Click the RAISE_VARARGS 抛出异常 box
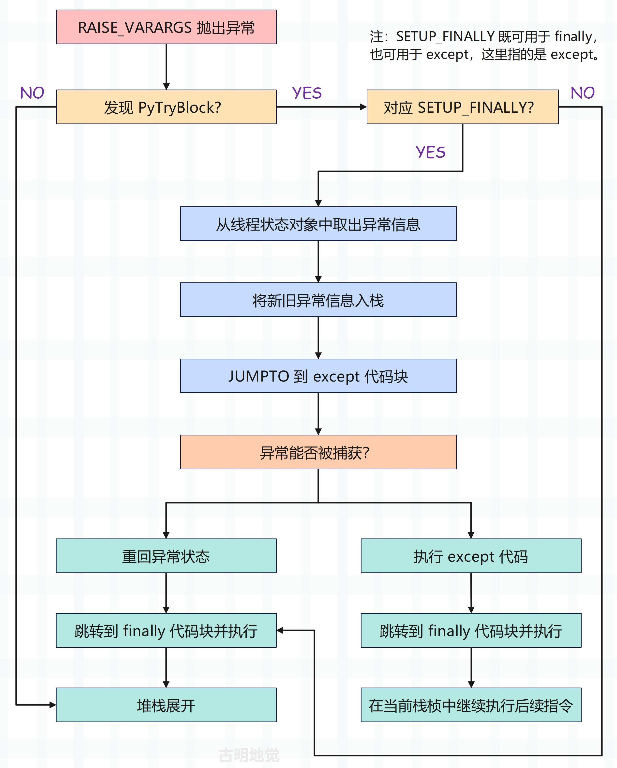pos(166,27)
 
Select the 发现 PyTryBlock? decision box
pos(166,107)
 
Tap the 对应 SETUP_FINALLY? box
pos(463,107)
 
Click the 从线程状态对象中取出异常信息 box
pos(318,224)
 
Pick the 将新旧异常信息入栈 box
pos(318,300)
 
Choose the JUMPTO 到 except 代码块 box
pos(318,376)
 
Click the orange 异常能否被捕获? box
pos(318,452)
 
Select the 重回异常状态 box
pos(166,556)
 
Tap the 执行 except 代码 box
pos(471,556)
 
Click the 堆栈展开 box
pos(166,705)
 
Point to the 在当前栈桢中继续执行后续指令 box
pos(471,705)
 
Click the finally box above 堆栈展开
pos(166,630)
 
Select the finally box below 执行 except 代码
pos(471,630)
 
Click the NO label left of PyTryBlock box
pos(32,93)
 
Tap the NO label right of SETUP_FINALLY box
pos(583,93)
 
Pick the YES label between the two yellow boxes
pos(307,93)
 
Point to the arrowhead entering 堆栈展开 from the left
pos(53,705)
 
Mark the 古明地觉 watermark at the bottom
pos(249,755)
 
